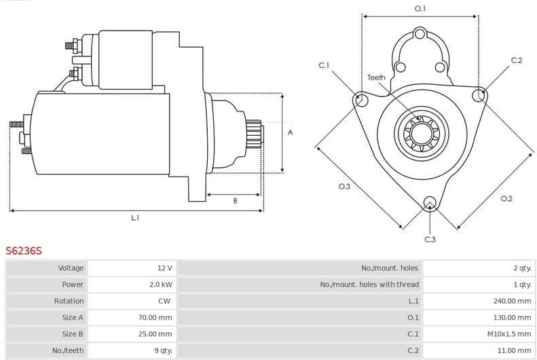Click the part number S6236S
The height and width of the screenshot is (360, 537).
[x=24, y=251]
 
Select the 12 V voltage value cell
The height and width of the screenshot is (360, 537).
[x=164, y=268]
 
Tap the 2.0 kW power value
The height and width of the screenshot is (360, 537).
[x=161, y=285]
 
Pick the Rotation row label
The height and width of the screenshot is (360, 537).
[x=69, y=301]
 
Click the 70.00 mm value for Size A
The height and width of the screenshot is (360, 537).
[x=156, y=317]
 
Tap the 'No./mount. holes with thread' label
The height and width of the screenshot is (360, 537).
[x=369, y=285]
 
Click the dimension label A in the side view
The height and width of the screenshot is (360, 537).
[x=291, y=132]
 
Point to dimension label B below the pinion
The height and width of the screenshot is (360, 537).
[x=235, y=200]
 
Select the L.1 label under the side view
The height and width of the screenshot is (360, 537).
[x=135, y=218]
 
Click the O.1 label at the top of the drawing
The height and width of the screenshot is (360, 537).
[x=420, y=9]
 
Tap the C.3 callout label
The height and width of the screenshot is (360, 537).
[x=430, y=239]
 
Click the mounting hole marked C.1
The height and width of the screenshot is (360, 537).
[x=361, y=101]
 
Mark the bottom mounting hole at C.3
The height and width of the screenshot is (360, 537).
[x=429, y=202]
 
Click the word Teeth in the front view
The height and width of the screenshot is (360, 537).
[x=376, y=77]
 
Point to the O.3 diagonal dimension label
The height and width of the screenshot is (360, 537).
[x=344, y=187]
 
